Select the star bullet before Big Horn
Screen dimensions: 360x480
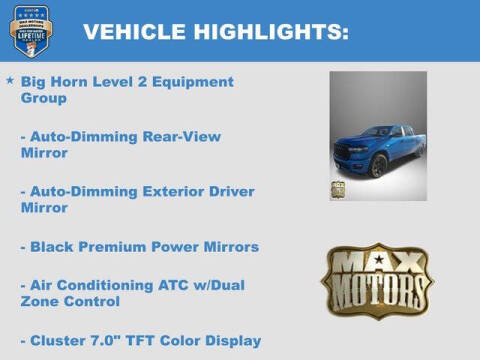pyautogui.click(x=10, y=80)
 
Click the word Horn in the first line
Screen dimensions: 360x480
pyautogui.click(x=77, y=81)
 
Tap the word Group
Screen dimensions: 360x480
pyautogui.click(x=43, y=98)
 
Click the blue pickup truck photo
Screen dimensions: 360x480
pyautogui.click(x=378, y=135)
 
